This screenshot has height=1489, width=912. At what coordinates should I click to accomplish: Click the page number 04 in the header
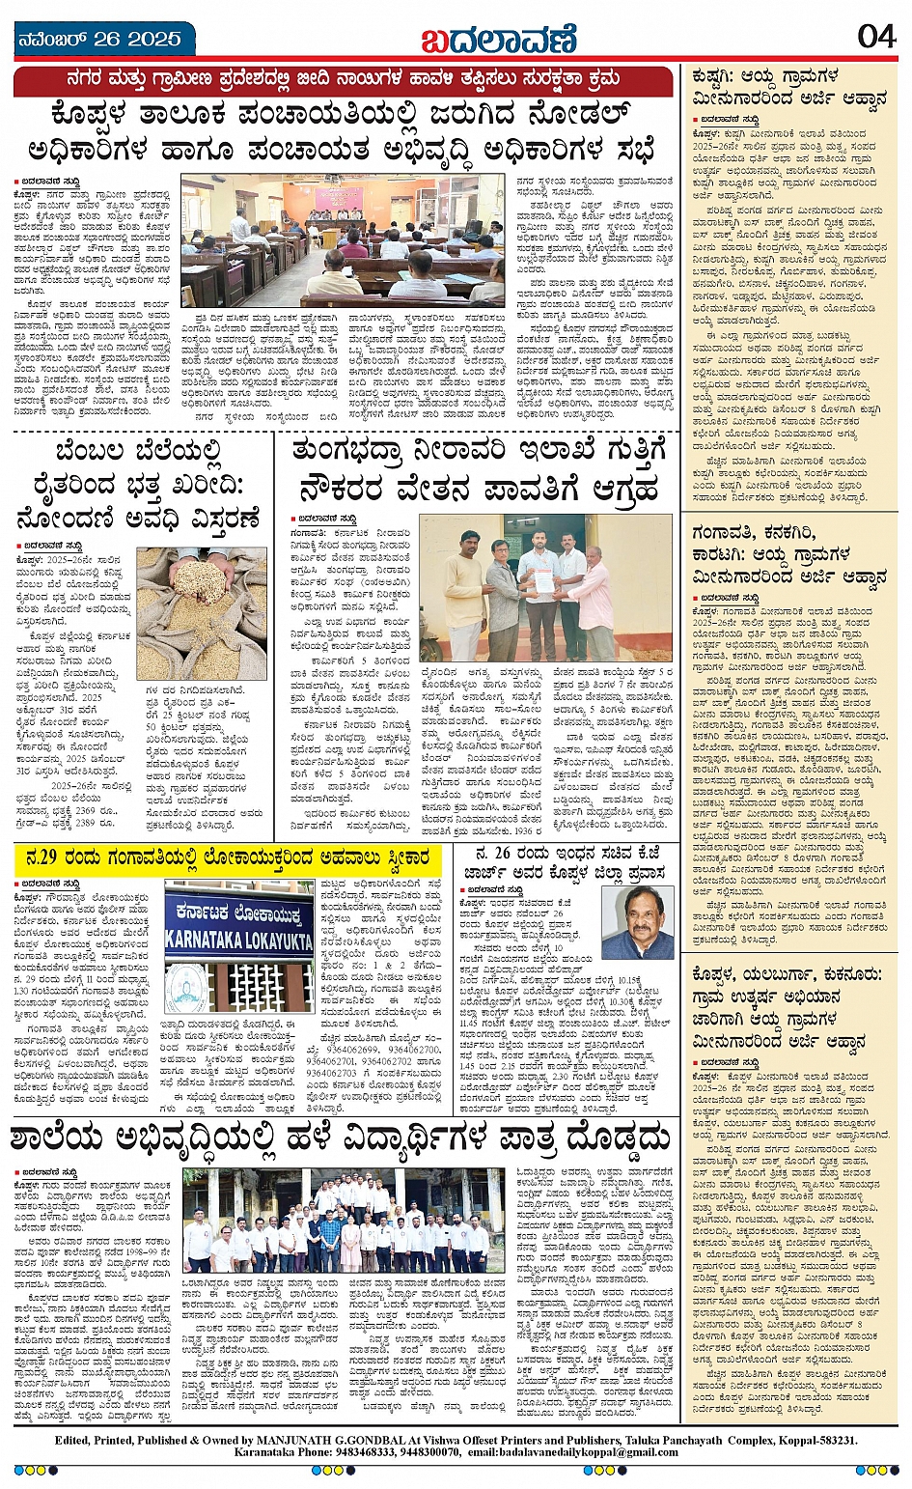876,37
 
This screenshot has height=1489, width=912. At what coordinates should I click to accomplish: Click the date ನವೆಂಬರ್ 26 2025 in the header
99,40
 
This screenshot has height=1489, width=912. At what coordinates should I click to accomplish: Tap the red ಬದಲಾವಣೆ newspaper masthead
498,40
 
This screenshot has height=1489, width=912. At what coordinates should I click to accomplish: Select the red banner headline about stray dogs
343,82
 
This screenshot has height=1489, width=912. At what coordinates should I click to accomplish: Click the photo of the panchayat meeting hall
343,240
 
